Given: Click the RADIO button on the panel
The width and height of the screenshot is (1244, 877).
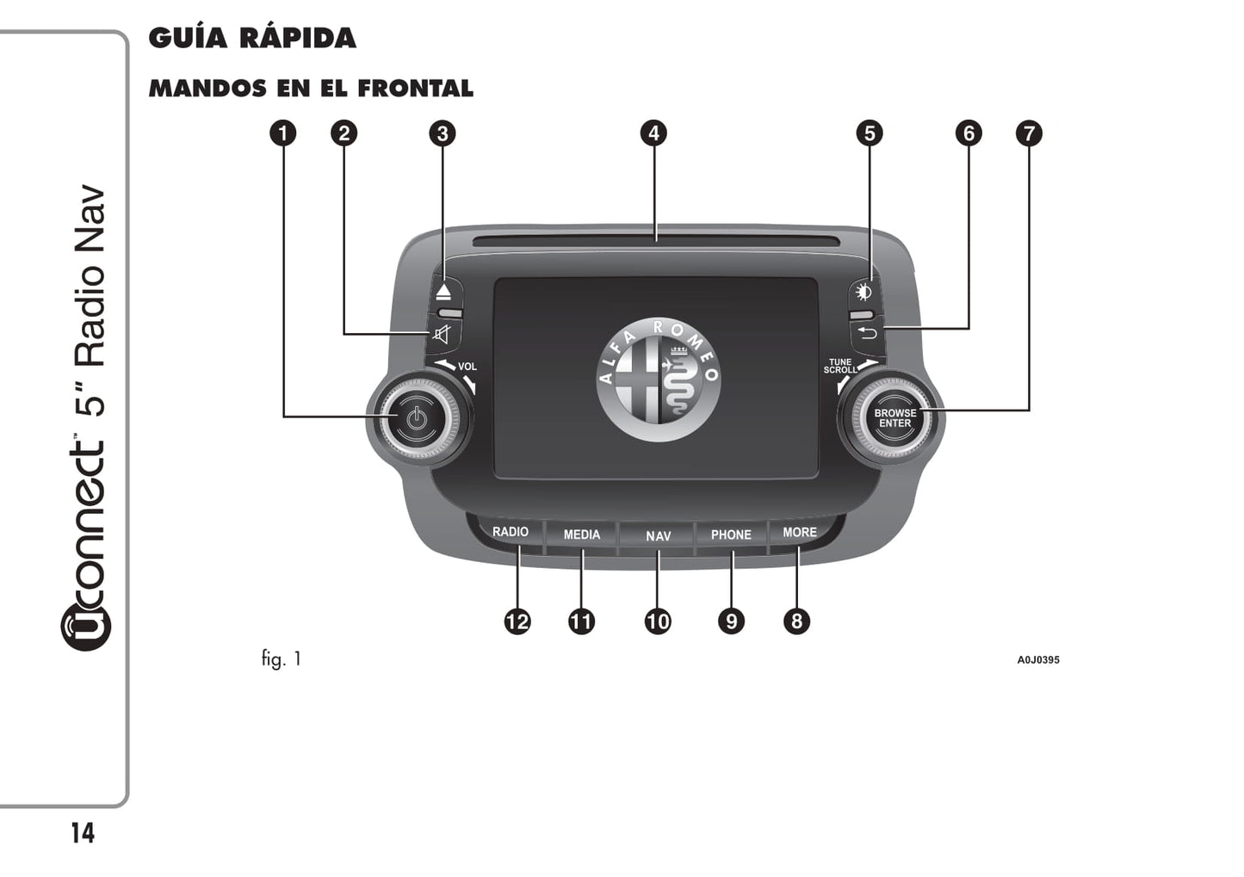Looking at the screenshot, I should click(x=510, y=532).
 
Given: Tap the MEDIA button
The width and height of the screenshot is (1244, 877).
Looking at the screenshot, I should click(x=581, y=534).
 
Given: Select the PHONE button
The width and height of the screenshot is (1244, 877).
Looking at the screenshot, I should click(x=731, y=534).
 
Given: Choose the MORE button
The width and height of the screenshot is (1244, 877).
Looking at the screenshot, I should click(x=799, y=533).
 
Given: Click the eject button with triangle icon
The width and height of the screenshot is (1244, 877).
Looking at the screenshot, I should click(x=443, y=292).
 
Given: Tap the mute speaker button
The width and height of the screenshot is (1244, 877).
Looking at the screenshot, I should click(x=443, y=334).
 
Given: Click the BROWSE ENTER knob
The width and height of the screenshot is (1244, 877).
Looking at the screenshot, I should click(x=894, y=418).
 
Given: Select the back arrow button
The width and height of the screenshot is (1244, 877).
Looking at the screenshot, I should click(x=867, y=332).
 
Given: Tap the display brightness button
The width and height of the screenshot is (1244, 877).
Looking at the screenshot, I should click(x=864, y=292).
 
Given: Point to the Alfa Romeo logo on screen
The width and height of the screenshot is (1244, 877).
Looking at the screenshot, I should click(x=659, y=380).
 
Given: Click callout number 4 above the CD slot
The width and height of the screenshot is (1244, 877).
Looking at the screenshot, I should click(x=653, y=133).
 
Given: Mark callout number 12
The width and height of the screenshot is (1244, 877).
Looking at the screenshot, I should click(x=517, y=621).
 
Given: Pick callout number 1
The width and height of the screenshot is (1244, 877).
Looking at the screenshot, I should click(x=283, y=133).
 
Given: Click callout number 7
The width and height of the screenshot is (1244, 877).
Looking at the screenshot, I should click(x=1029, y=133).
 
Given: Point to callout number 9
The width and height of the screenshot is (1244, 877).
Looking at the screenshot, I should click(x=731, y=621).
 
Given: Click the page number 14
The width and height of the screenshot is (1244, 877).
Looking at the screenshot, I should click(x=83, y=833).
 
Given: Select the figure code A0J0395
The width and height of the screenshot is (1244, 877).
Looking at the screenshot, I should click(x=1038, y=660).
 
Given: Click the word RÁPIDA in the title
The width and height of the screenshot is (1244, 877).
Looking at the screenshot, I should click(x=297, y=38).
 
